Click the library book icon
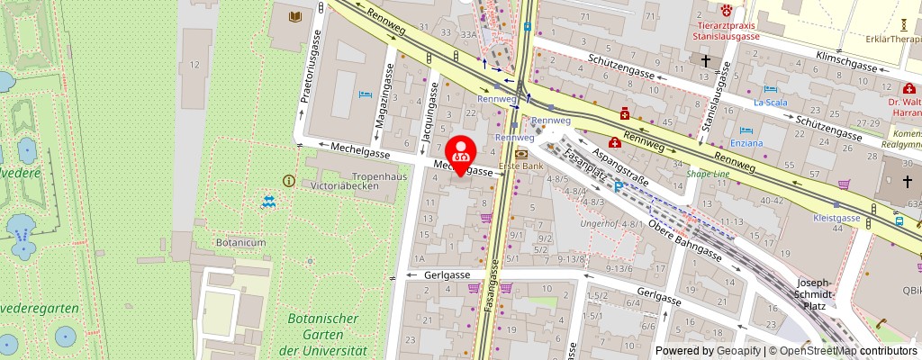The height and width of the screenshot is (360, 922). (x=294, y=16)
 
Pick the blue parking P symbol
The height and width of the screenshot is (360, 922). (x=619, y=187)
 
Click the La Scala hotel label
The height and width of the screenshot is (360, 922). (x=770, y=103)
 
